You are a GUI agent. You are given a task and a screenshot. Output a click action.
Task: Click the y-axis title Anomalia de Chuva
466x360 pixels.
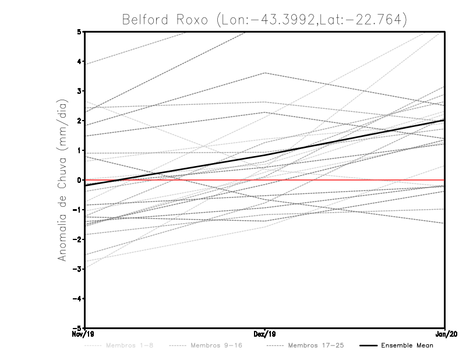(61, 179)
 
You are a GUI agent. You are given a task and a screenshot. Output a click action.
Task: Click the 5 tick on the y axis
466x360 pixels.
(79, 32)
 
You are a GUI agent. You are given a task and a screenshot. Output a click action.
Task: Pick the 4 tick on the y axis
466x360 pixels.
(79, 62)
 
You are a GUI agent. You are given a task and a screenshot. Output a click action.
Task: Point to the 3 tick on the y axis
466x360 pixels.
(79, 91)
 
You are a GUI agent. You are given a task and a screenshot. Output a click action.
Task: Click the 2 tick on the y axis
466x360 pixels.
(79, 121)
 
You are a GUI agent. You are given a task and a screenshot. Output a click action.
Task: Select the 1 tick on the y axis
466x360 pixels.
(79, 150)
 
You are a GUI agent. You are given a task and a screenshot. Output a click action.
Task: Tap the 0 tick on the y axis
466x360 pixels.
(79, 180)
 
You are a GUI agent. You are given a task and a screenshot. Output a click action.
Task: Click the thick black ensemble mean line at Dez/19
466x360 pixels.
(265, 154)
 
